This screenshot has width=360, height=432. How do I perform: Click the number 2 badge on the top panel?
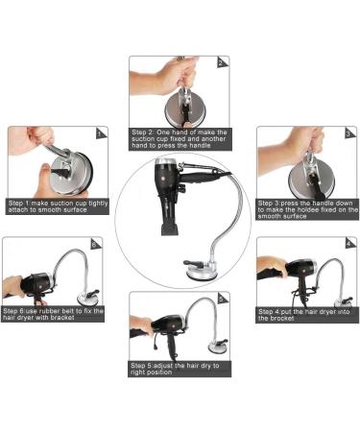click(x=221, y=63)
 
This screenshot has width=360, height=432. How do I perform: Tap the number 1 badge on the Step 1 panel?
click(x=99, y=135)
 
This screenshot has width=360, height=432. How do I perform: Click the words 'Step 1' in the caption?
click(x=21, y=204)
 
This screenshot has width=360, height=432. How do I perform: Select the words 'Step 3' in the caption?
click(x=272, y=204)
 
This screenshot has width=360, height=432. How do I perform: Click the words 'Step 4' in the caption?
click(x=272, y=311)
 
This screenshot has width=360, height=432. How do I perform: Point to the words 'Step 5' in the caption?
click(x=146, y=366)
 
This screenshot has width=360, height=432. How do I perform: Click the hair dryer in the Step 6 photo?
click(x=36, y=283)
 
